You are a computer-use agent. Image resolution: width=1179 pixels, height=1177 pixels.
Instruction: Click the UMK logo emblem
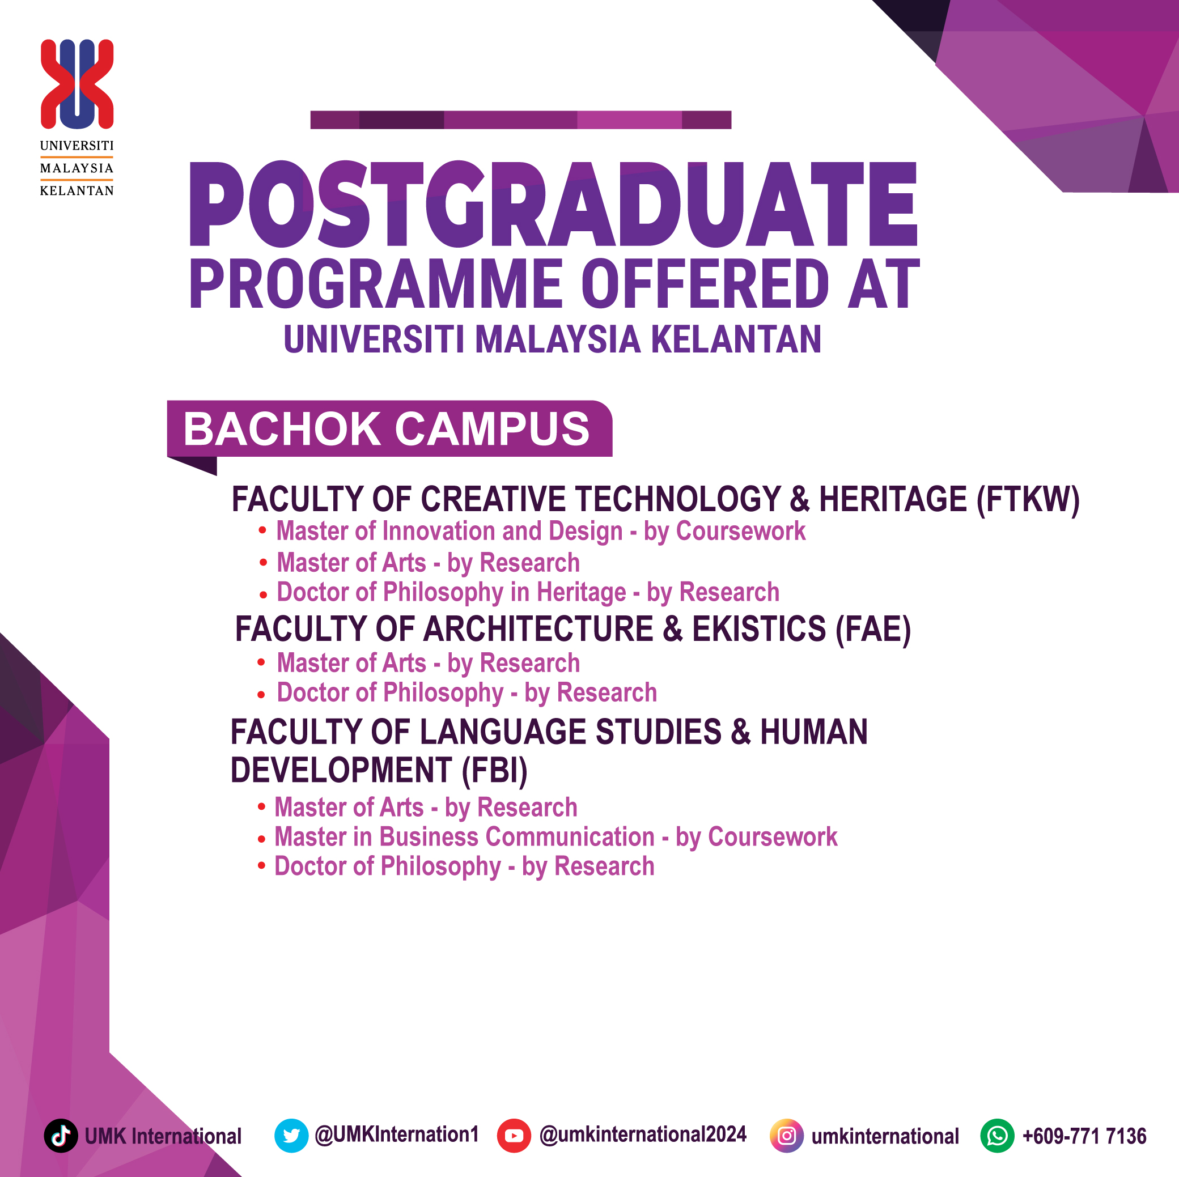coord(77,84)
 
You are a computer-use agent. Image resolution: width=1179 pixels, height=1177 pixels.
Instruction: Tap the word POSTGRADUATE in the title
coord(553,205)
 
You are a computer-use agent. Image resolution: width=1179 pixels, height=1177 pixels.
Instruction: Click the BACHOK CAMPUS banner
coord(389,429)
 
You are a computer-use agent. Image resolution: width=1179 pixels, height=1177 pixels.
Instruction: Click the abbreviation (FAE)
coord(873,629)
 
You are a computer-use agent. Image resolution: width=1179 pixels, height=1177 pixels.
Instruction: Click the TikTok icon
coord(61,1136)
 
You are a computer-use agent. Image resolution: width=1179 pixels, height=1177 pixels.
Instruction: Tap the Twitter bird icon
coord(291,1136)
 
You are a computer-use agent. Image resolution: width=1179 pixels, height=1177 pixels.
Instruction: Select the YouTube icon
coord(514,1136)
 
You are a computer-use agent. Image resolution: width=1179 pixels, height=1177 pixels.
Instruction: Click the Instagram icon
coord(787,1136)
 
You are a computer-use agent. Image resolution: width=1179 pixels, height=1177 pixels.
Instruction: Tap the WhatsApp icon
coord(997,1136)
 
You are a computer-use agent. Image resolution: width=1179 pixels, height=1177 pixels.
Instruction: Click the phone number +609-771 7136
coord(1084,1136)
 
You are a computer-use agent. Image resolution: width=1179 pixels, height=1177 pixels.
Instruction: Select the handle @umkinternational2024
coord(643,1134)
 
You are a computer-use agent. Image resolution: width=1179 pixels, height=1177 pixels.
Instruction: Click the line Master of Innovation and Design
coord(540,531)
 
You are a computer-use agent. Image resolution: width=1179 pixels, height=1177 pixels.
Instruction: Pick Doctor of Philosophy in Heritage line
coord(528,592)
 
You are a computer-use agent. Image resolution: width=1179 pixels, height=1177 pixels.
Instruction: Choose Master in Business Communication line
coord(555,837)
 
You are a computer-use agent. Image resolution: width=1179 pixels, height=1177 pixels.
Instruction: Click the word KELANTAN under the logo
coord(77,191)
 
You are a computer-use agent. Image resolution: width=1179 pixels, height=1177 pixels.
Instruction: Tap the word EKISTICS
coord(758,629)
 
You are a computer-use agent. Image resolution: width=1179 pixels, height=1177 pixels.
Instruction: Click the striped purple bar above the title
coord(520,120)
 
